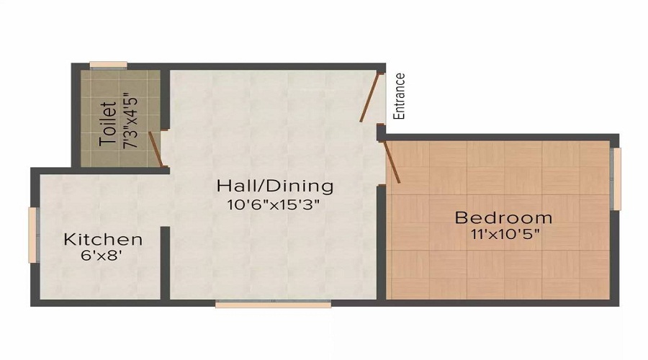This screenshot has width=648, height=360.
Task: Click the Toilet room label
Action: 108,124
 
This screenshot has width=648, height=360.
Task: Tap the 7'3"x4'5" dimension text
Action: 130,119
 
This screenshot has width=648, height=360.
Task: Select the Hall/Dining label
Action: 275,186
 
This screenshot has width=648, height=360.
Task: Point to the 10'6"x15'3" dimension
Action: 273,204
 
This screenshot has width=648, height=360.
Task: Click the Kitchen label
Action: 103,239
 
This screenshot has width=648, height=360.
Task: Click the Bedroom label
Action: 503,217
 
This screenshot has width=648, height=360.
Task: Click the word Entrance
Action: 400,96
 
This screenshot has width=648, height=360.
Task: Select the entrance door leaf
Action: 371,97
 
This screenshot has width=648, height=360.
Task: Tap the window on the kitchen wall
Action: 32,235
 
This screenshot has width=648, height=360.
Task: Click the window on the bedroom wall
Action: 615,179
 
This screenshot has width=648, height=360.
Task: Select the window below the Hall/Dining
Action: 273,305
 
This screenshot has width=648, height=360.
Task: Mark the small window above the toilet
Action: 108,66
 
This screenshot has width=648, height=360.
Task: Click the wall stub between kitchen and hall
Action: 165,262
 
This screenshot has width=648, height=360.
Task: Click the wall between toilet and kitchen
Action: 119,170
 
